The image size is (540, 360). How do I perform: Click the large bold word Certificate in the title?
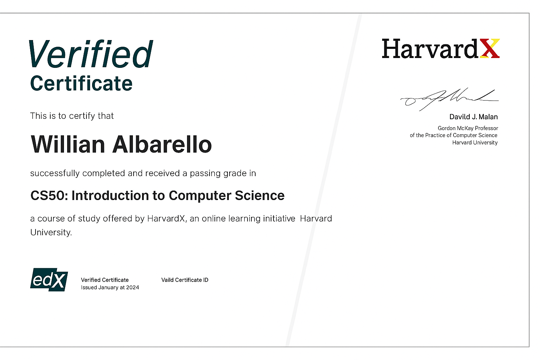pos(81,83)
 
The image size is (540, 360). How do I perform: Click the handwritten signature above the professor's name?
pos(449,99)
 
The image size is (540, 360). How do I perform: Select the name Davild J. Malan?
pos(474,117)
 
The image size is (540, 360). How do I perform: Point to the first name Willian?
pos(68,144)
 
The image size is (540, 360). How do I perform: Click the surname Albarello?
pos(162,144)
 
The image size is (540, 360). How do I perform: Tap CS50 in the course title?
pos(49,195)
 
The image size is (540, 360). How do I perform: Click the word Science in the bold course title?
pos(260,195)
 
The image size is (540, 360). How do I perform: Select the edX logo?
pos(49,280)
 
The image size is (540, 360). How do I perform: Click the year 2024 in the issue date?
pos(133,288)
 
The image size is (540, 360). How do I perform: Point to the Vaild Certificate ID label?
pos(185,280)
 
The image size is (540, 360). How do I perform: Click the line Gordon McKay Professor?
pos(468,128)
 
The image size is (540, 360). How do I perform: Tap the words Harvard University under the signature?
pos(475,142)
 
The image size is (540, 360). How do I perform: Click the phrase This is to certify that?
pos(72,116)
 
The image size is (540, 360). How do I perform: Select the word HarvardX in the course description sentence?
pos(166,218)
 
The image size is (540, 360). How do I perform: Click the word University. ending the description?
pos(51,232)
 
